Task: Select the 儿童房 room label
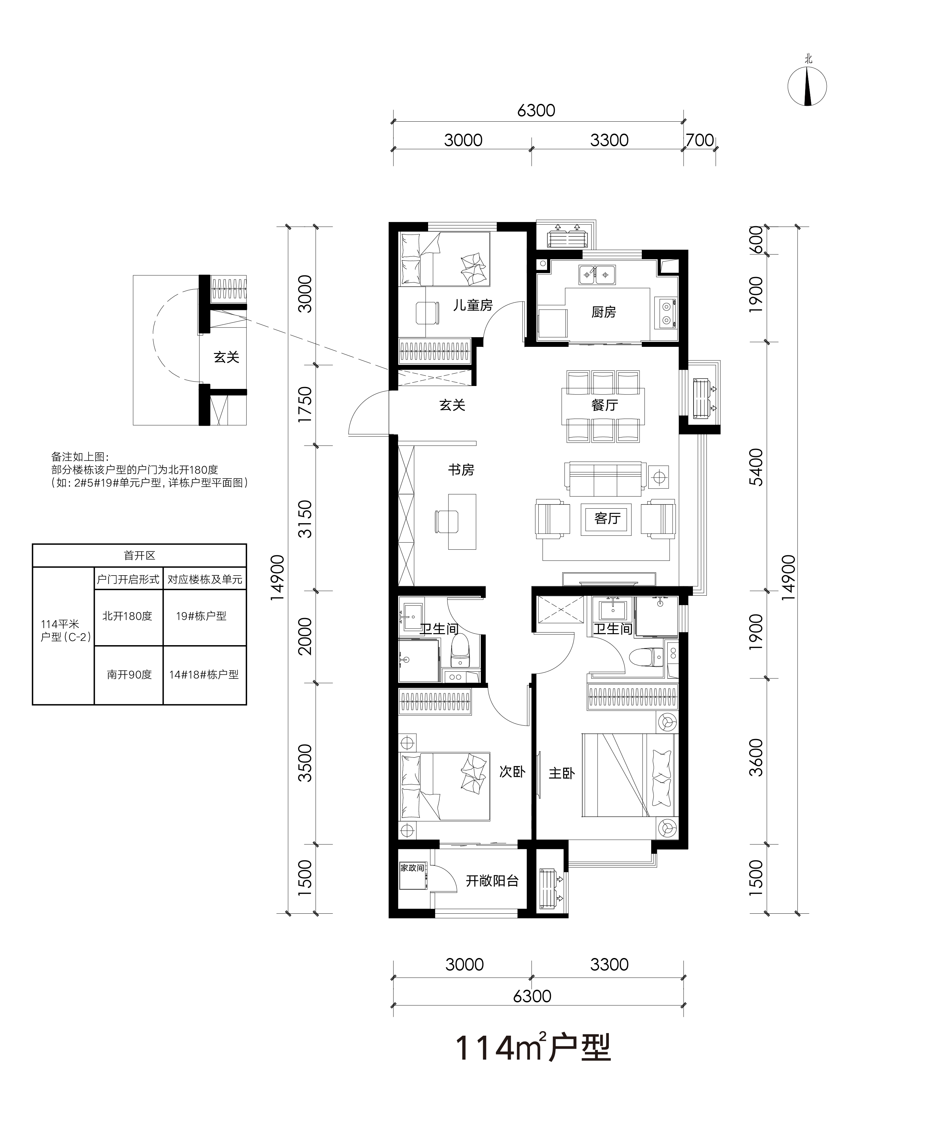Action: click(473, 305)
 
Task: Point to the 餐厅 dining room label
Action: click(604, 405)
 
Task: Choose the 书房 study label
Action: click(461, 470)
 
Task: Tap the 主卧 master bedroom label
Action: click(561, 773)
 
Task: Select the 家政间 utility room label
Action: click(412, 867)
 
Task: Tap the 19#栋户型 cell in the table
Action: click(201, 616)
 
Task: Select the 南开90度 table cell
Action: click(129, 675)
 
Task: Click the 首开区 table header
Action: click(139, 556)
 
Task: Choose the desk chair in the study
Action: click(446, 522)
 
